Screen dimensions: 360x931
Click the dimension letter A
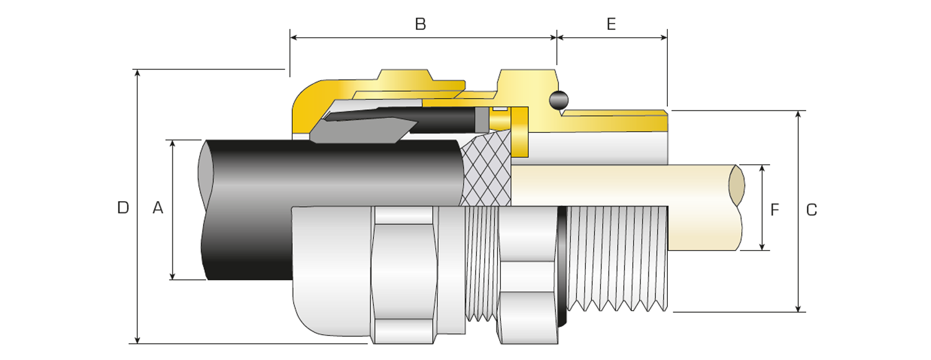click(158, 208)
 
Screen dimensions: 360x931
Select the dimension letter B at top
click(420, 24)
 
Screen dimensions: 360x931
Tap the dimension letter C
click(811, 210)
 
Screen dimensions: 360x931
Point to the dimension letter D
click(123, 208)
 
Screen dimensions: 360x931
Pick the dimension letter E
click(611, 24)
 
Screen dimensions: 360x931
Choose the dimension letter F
click(775, 210)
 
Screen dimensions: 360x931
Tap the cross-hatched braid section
click(487, 171)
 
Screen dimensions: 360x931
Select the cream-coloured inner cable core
click(621, 185)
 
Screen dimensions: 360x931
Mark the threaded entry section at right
click(618, 258)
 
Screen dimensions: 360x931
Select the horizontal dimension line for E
click(611, 38)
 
